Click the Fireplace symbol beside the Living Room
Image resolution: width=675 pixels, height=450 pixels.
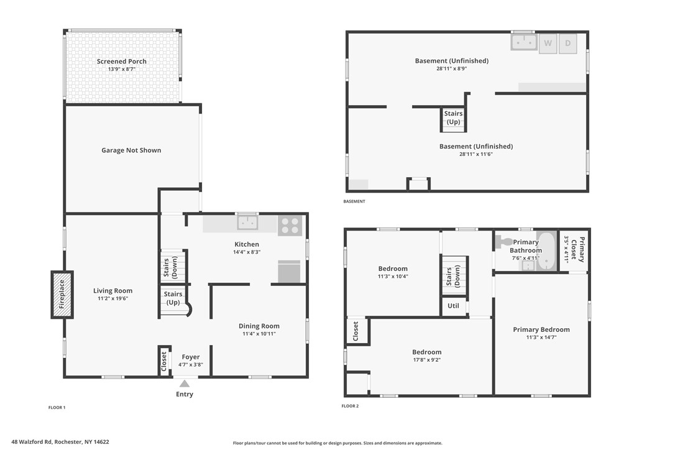click(62, 295)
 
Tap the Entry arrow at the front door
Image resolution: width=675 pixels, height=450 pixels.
click(185, 384)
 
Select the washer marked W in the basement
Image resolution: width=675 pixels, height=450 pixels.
click(548, 43)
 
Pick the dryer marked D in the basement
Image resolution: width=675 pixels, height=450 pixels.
click(567, 43)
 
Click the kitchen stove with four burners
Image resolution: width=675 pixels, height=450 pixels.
click(290, 225)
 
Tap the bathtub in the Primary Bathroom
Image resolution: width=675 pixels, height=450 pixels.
click(546, 251)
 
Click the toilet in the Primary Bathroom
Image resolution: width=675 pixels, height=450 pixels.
click(505, 241)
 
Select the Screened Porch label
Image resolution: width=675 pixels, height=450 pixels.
click(122, 62)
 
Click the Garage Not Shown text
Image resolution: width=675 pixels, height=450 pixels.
click(131, 150)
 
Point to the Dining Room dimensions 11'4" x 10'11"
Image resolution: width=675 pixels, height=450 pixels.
click(259, 334)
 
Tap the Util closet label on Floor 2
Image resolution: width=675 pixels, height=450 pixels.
click(453, 306)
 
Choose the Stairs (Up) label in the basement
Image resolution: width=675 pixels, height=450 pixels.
click(453, 117)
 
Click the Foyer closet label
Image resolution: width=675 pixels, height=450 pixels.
click(164, 360)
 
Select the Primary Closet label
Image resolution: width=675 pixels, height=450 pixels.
click(582, 249)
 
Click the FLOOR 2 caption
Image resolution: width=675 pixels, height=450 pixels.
click(350, 406)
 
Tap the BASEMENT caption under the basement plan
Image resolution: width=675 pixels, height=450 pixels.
click(354, 201)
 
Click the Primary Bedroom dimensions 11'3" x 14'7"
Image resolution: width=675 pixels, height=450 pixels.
click(541, 338)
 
